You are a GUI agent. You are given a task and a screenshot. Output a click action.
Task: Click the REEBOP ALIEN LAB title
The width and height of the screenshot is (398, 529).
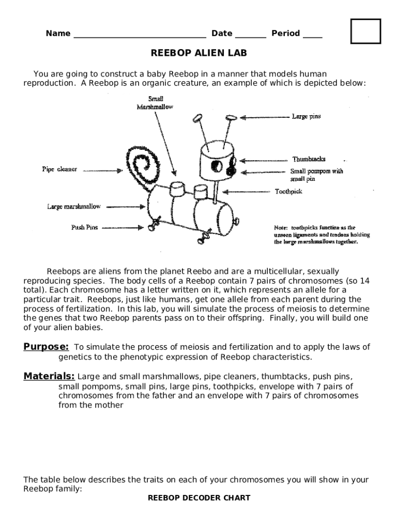pos(199,53)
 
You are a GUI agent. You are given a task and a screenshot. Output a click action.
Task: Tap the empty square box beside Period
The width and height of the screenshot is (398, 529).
pos(365,32)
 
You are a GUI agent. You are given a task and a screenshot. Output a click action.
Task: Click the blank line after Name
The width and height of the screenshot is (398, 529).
pos(140,36)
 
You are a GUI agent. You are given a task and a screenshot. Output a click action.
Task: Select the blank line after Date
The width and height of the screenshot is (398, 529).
pos(251,36)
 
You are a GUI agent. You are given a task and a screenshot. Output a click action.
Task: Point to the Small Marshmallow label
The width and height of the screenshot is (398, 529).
pos(155,103)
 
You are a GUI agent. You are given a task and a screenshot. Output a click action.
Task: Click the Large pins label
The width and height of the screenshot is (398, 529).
pos(306,117)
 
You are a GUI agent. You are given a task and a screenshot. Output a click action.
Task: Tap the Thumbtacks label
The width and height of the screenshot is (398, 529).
pos(309,159)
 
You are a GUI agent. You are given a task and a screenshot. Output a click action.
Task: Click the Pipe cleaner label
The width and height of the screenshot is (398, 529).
pos(59,169)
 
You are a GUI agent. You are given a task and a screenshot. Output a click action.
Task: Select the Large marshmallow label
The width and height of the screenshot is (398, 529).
pos(74,207)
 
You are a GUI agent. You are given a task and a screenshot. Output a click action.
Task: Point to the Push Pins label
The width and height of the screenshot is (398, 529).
pos(84,227)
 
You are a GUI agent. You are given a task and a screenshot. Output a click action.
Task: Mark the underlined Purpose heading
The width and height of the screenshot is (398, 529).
pos(46,347)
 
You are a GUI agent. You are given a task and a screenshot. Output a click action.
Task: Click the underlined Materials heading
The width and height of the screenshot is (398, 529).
pos(49,376)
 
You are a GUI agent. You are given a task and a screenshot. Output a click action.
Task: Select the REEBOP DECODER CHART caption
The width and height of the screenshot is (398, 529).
pos(199,498)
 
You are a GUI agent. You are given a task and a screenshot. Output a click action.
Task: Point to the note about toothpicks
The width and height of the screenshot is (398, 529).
pos(322,234)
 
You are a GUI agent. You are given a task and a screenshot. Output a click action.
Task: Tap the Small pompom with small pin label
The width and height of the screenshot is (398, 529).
pos(316,175)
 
